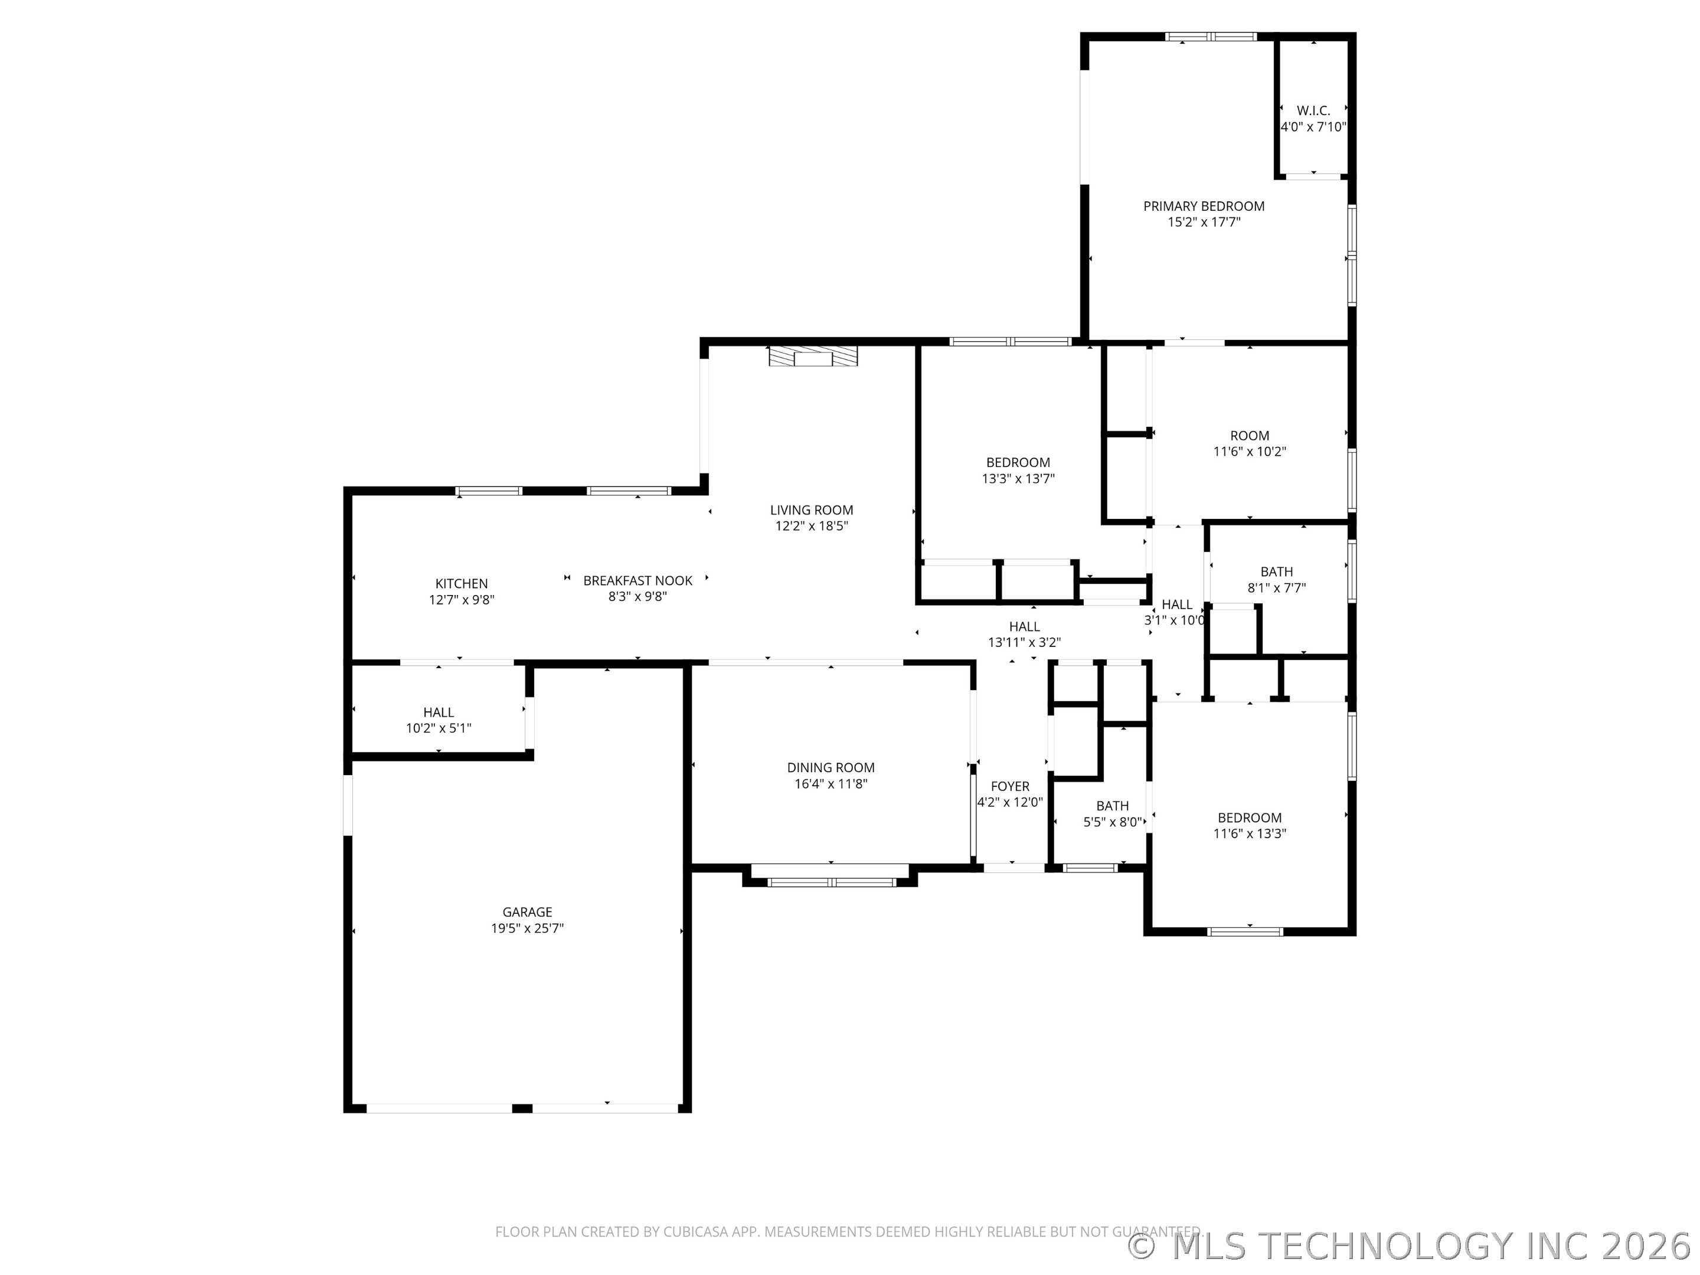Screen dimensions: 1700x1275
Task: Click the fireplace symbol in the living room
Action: click(813, 357)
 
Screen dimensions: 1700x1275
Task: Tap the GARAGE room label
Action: click(527, 912)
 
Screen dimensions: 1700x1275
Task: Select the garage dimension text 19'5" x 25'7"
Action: click(527, 929)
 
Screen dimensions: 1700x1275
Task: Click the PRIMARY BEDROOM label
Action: click(1204, 206)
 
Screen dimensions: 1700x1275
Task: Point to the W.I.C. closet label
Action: click(1313, 110)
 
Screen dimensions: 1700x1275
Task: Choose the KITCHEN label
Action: click(461, 584)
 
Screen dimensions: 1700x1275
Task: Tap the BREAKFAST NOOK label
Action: click(638, 581)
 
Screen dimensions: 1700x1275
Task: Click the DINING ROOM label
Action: click(831, 768)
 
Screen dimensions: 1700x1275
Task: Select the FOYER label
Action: click(1010, 787)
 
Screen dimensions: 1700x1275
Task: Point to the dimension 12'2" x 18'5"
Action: click(812, 527)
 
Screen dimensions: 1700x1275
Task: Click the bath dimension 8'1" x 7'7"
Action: click(1277, 589)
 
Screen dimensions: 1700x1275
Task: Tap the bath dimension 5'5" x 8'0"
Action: click(1113, 822)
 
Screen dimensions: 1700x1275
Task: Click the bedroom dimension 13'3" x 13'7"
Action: click(1018, 479)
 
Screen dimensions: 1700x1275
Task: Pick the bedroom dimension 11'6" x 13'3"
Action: click(1250, 834)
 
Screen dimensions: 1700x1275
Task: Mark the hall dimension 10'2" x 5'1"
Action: click(439, 728)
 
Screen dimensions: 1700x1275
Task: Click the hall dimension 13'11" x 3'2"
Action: click(1025, 642)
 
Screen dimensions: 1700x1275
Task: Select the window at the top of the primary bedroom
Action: click(1211, 36)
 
